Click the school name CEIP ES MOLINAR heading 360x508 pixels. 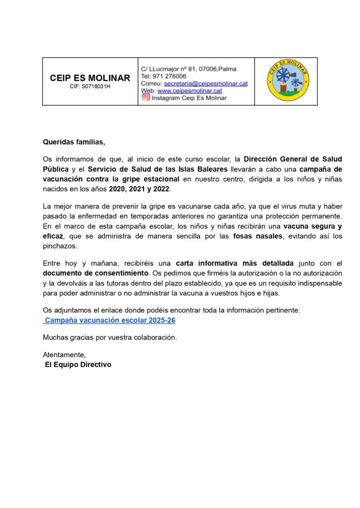[90, 78]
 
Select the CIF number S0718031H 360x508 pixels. [90, 86]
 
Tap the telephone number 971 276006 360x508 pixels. [170, 76]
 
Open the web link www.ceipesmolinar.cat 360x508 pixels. [190, 91]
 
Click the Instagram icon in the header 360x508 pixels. [146, 98]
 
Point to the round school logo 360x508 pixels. [288, 81]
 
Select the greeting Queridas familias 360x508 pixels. [74, 142]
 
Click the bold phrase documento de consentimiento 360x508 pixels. [96, 273]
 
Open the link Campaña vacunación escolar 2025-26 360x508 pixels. [110, 320]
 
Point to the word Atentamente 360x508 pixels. [64, 355]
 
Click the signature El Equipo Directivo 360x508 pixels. [78, 365]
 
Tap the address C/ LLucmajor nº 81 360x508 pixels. [169, 68]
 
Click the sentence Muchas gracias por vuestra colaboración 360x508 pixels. [110, 337]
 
